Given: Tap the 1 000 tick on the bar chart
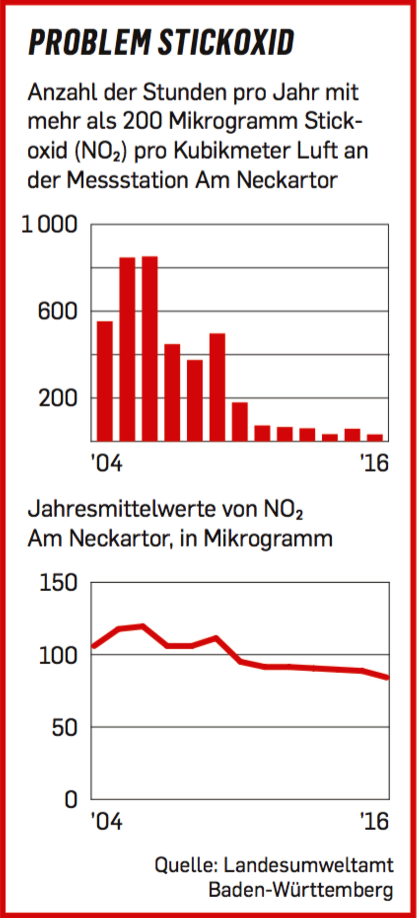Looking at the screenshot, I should tap(50, 225).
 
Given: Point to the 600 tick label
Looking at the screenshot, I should tap(57, 311).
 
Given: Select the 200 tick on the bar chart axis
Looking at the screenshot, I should tap(58, 398).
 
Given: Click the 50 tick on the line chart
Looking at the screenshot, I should tap(64, 727).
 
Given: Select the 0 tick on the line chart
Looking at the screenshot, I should tap(71, 799).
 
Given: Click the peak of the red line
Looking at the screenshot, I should tap(142, 626).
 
